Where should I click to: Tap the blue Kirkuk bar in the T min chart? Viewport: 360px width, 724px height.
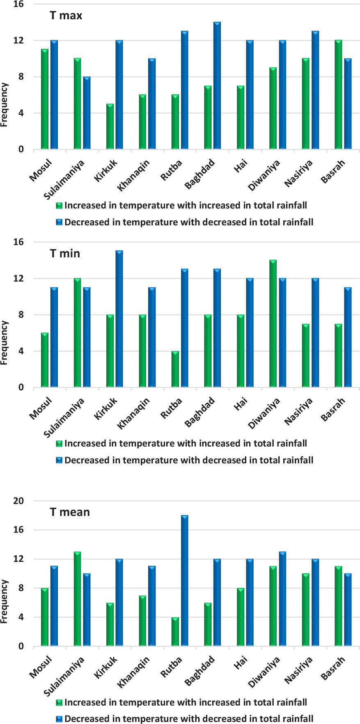click(x=119, y=319)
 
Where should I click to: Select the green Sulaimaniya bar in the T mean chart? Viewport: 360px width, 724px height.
click(x=77, y=599)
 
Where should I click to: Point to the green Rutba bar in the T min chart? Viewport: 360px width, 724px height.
click(x=175, y=369)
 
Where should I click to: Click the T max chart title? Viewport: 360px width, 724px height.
click(x=66, y=16)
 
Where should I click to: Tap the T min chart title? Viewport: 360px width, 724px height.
click(x=65, y=254)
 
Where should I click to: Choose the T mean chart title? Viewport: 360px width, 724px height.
click(x=70, y=512)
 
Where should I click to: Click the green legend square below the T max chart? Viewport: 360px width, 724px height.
click(x=59, y=205)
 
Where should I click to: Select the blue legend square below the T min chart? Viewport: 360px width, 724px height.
click(x=59, y=461)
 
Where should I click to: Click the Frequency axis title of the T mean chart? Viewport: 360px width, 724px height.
click(x=5, y=601)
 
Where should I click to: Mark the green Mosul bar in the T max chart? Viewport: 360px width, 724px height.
click(x=45, y=99)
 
